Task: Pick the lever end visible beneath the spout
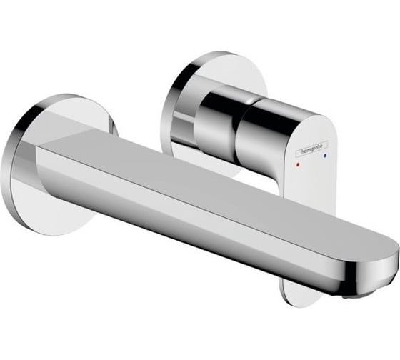click(x=300, y=289)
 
